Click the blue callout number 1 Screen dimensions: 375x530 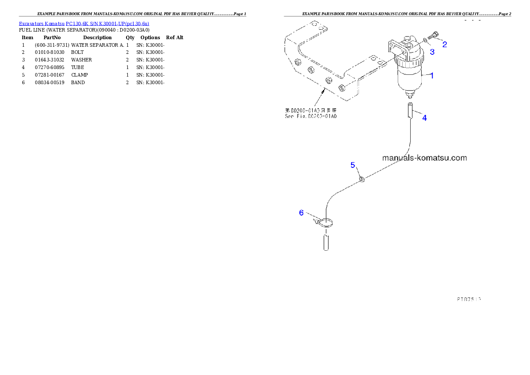point(432,76)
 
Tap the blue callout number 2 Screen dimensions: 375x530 point(444,44)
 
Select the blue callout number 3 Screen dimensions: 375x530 point(432,52)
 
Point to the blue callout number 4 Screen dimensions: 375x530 point(424,118)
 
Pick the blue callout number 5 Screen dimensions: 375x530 point(353,165)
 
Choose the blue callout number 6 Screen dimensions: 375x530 point(302,213)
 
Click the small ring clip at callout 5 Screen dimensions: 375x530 point(362,179)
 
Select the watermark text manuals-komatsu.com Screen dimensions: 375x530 point(424,158)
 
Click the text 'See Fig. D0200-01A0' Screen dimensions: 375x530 point(311,117)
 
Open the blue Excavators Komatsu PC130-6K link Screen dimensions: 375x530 point(84,23)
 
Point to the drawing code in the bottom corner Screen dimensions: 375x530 point(468,299)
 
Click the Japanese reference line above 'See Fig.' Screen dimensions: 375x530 point(311,110)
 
